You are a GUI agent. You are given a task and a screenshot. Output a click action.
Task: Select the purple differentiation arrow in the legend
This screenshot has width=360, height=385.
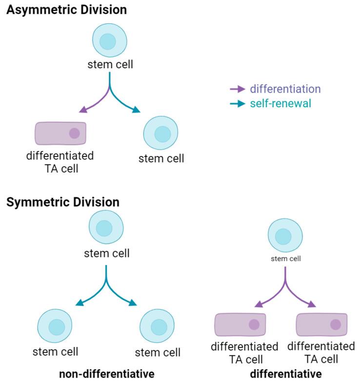(238, 89)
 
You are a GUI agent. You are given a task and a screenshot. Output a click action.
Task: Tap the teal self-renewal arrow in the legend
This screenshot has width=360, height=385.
(238, 104)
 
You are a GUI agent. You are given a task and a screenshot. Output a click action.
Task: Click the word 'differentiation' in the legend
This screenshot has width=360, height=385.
(285, 89)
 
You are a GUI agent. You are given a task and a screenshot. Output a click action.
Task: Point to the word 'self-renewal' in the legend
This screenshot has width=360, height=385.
(280, 104)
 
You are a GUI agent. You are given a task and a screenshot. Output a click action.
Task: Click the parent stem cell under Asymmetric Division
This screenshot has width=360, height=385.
(110, 42)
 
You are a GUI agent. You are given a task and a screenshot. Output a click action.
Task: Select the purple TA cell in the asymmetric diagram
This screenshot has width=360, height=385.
(61, 134)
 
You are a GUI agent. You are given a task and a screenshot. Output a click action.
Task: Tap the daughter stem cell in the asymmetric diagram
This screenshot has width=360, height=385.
(161, 133)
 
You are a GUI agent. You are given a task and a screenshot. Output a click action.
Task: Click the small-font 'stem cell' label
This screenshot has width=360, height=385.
(285, 259)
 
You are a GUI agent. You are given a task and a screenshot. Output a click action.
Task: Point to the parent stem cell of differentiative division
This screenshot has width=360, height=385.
(285, 237)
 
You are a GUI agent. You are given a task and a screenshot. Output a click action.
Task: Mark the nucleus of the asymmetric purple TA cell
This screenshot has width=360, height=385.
(74, 133)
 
